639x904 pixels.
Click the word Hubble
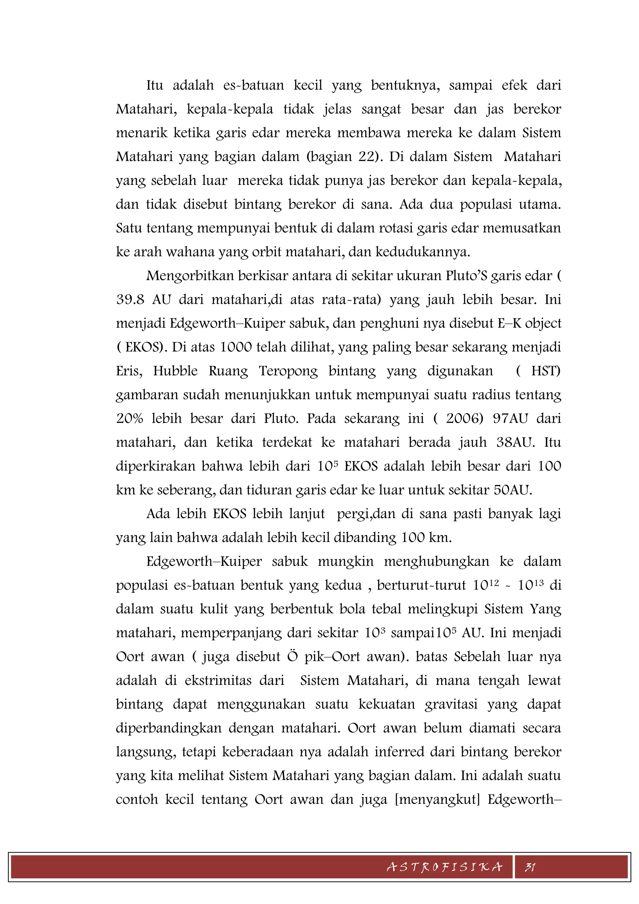click(175, 371)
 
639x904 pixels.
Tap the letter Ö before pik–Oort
click(292, 657)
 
